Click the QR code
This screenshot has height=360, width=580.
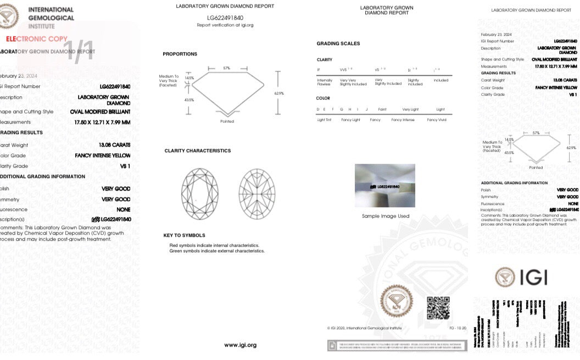pyautogui.click(x=438, y=308)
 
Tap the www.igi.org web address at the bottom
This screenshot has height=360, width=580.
pyautogui.click(x=240, y=345)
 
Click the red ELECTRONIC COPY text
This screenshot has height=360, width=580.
pyautogui.click(x=37, y=39)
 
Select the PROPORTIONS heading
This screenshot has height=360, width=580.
pyautogui.click(x=180, y=54)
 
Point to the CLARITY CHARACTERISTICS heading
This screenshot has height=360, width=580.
pyautogui.click(x=198, y=151)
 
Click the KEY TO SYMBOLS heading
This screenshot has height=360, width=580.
pyautogui.click(x=184, y=235)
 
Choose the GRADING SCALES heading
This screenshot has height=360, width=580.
pyautogui.click(x=338, y=43)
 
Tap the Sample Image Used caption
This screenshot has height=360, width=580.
pyautogui.click(x=386, y=216)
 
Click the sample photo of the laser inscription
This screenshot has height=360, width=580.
pyautogui.click(x=385, y=185)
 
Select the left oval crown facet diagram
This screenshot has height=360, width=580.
pyautogui.click(x=199, y=193)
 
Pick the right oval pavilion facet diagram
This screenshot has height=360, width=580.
pyautogui.click(x=256, y=193)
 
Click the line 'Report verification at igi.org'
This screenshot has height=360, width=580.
pyautogui.click(x=225, y=25)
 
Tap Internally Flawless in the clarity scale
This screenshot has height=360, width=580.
pyautogui.click(x=325, y=82)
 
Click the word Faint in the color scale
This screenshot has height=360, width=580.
pyautogui.click(x=382, y=109)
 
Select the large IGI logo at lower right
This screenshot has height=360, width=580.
pyautogui.click(x=521, y=276)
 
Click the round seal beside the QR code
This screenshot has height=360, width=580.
pyautogui.click(x=397, y=301)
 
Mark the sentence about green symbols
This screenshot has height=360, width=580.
pyautogui.click(x=217, y=251)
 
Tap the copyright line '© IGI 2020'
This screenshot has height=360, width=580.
pyautogui.click(x=364, y=328)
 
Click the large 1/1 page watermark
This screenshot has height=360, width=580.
pyautogui.click(x=80, y=51)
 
